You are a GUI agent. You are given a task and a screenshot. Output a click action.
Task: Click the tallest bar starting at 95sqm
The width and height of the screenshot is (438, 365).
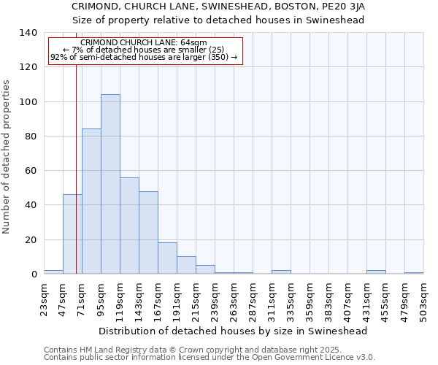[110, 184]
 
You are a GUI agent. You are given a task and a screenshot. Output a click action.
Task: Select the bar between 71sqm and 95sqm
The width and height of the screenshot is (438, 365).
[91, 201]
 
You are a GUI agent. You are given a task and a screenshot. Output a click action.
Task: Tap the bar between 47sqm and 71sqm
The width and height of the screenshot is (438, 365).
[72, 234]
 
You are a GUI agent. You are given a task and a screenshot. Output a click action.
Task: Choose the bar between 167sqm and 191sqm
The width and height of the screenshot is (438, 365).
[167, 258]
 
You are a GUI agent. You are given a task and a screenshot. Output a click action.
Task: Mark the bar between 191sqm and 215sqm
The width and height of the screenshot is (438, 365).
[186, 266]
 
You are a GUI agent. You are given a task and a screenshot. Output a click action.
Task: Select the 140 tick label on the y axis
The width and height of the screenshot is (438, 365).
[28, 33]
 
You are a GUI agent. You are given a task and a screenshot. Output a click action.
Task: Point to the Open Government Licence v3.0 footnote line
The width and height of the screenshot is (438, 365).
[210, 358]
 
